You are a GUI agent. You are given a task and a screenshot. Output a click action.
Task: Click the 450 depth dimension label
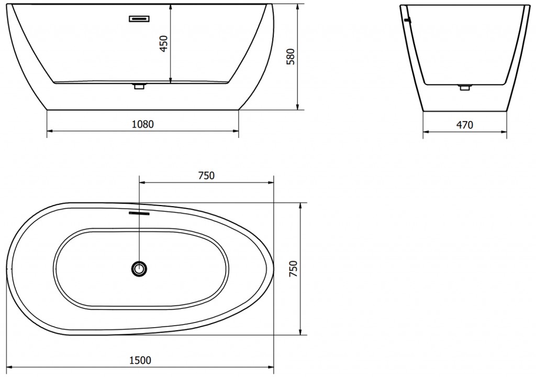click(163, 44)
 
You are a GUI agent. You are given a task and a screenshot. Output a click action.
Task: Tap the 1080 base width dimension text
click(143, 124)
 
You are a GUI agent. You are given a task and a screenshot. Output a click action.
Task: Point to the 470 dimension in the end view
click(465, 125)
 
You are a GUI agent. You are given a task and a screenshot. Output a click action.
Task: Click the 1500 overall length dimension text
click(140, 360)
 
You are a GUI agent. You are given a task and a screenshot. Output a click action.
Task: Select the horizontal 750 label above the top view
click(206, 176)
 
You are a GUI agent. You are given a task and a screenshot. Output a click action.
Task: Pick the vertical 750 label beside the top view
click(293, 269)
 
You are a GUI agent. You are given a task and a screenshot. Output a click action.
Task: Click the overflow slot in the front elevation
click(139, 19)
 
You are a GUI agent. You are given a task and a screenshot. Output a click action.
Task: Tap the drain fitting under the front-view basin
click(139, 87)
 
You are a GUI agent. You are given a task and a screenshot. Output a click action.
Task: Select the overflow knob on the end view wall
click(408, 20)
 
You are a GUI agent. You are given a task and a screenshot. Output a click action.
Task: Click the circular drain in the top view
click(139, 268)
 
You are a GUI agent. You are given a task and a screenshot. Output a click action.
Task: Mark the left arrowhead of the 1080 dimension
click(50, 131)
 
